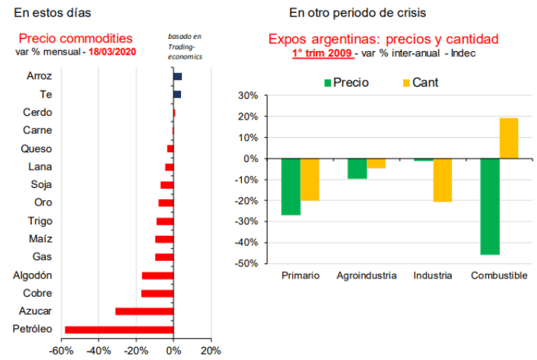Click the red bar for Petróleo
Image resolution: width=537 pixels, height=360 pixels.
[x=119, y=330]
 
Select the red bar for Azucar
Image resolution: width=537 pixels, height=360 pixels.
[x=144, y=311]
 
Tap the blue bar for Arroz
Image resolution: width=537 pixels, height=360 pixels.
[x=177, y=77]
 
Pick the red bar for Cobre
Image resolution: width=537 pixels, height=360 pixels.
[x=157, y=293]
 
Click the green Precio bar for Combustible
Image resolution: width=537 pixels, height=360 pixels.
[x=490, y=206]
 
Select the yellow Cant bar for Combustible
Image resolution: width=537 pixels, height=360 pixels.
[x=509, y=138]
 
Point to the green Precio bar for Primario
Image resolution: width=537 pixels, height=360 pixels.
[x=291, y=186]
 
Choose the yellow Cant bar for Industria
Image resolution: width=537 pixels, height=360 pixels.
[x=443, y=180]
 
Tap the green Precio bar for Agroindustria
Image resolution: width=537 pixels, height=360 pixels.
[x=357, y=168]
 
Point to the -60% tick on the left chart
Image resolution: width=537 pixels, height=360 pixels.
[x=60, y=351]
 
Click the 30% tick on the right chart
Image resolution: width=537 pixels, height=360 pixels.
[x=249, y=96]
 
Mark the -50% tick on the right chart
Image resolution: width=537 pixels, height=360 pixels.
[x=247, y=263]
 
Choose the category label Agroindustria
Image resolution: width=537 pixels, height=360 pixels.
[x=367, y=276]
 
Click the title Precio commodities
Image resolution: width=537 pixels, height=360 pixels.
[x=75, y=38]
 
